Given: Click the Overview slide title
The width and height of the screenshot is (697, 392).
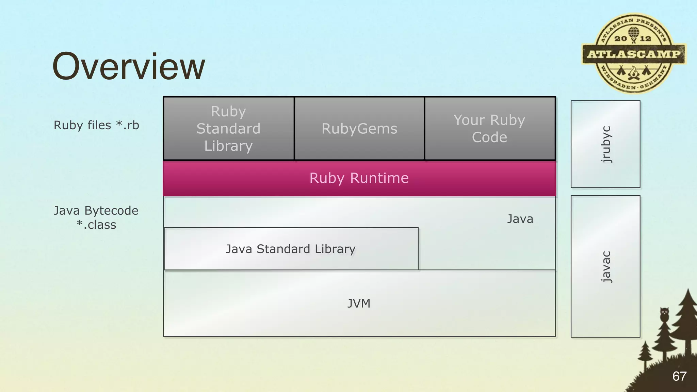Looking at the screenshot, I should (x=129, y=66).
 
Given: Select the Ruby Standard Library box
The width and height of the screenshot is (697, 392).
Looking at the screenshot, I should (x=228, y=129).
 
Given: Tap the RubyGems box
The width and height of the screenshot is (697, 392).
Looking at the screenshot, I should (x=359, y=129).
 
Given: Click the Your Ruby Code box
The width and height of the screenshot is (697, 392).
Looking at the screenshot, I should (x=489, y=129).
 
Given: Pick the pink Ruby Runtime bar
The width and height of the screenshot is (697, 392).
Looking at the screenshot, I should (x=359, y=178).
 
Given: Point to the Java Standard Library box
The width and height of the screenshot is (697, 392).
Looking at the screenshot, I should (x=291, y=249).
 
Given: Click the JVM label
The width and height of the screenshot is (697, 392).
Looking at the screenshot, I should (x=359, y=303).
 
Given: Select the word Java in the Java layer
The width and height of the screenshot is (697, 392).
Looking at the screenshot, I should (x=520, y=219).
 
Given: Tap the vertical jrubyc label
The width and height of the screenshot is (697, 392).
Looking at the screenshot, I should (x=606, y=144).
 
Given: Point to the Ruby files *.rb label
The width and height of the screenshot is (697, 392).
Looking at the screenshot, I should (x=96, y=125).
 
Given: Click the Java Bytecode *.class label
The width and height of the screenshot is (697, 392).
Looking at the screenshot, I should (x=96, y=217).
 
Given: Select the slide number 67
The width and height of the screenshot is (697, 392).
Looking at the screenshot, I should (x=679, y=376).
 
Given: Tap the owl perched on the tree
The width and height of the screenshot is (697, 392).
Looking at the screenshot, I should (x=664, y=313).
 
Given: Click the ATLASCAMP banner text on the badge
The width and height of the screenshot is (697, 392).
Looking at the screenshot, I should (x=634, y=54).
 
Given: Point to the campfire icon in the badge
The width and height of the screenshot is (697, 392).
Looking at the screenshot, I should (x=633, y=73).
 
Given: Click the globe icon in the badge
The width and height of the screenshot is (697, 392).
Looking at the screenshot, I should (x=633, y=33).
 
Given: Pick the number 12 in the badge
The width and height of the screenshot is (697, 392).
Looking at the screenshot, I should (x=646, y=38).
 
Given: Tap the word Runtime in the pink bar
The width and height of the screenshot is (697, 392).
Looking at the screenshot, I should (x=379, y=178).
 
